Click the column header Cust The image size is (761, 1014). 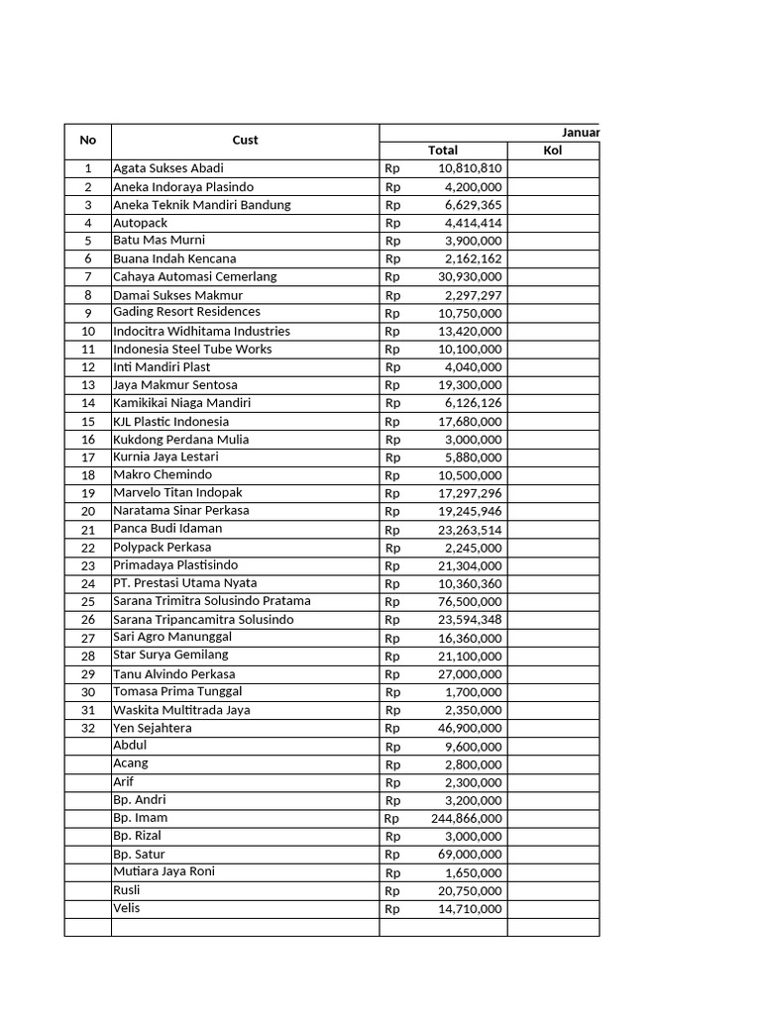[x=245, y=141]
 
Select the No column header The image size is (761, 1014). [x=87, y=141]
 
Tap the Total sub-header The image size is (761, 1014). [x=442, y=151]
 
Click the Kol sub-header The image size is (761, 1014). [x=552, y=151]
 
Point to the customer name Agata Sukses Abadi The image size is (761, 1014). [x=167, y=168]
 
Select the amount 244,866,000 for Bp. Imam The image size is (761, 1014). [x=466, y=819]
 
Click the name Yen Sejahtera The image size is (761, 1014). [x=153, y=728]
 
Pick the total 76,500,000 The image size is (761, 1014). [x=470, y=602]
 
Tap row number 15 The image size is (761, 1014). [x=88, y=422]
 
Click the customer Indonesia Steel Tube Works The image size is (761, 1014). [x=192, y=349]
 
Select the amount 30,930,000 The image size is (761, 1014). [x=470, y=277]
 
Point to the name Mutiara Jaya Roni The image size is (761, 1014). [x=163, y=871]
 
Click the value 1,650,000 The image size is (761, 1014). [x=474, y=873]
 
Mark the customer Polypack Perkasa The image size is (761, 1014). [x=162, y=548]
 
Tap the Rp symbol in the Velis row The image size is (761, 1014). [x=392, y=909]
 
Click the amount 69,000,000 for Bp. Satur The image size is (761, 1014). [x=470, y=855]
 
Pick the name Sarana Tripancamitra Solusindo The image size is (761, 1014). [x=203, y=620]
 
